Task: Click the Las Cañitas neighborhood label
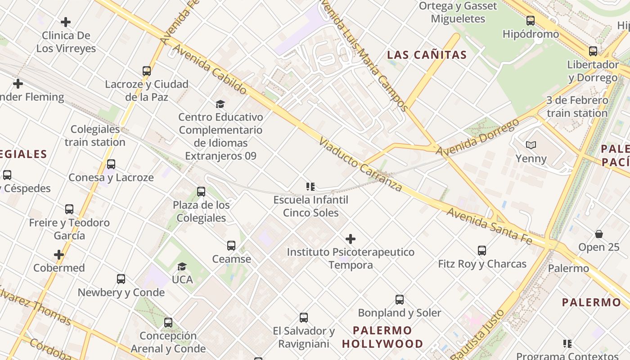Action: coord(427,55)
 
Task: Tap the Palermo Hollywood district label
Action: coord(382,337)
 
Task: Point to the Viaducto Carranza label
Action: coord(360,165)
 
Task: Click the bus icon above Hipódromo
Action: coord(531,20)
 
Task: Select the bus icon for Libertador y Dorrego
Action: coord(593,51)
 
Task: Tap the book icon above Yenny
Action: coord(531,145)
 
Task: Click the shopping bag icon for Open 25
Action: coord(599,234)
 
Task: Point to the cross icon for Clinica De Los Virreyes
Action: coord(66,22)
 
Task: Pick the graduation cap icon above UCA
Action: coord(182,266)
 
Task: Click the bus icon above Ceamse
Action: coord(231,246)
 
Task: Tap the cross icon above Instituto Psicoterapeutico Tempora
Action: coord(351,239)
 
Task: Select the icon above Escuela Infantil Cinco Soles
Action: coord(310,186)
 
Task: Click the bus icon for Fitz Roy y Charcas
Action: coord(482,251)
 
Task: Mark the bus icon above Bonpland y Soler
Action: coord(399,300)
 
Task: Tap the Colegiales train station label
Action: coord(95,135)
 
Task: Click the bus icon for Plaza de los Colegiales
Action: coord(201,192)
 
